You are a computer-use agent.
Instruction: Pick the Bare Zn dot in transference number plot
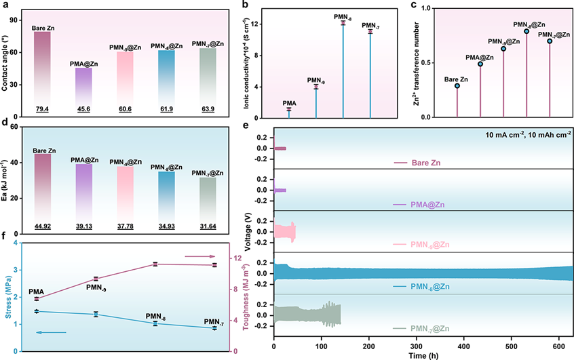457,86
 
